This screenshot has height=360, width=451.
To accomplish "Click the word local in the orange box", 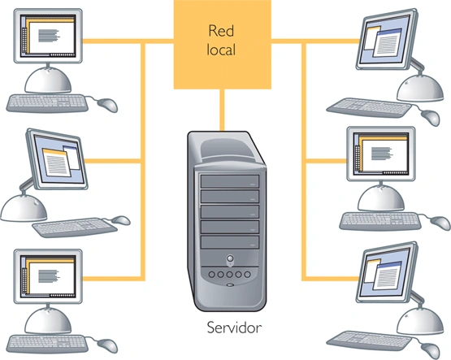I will [x=221, y=51].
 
